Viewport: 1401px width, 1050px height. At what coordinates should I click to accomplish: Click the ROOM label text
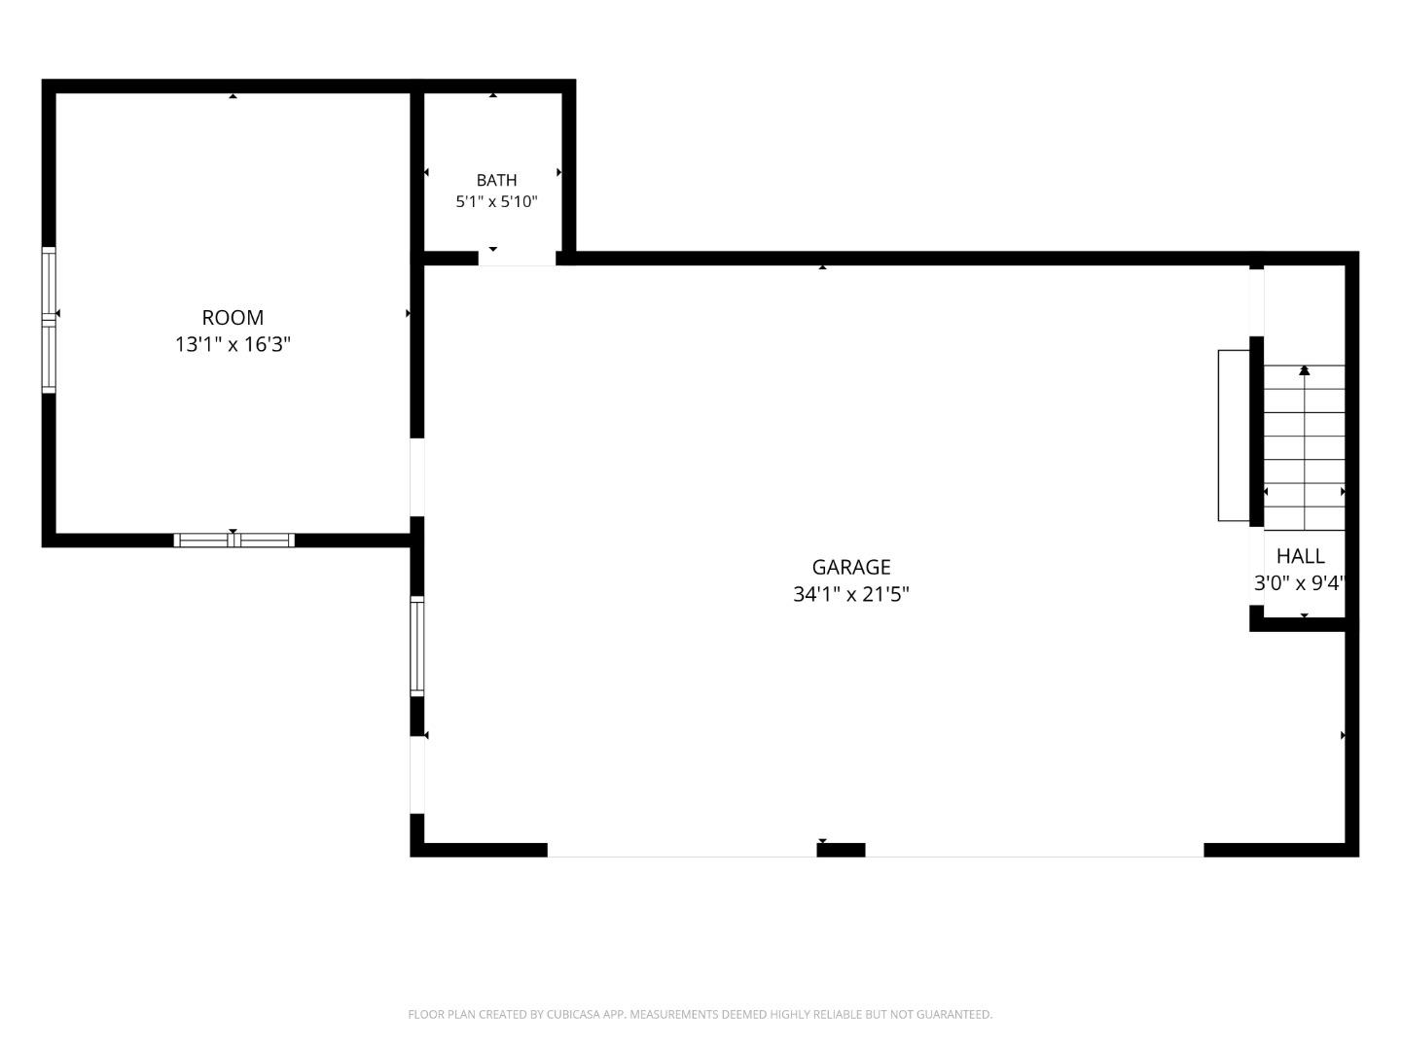pos(233,318)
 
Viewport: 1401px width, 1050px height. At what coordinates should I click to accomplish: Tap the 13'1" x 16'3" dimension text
pos(233,344)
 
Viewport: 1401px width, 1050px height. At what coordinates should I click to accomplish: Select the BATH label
pos(496,181)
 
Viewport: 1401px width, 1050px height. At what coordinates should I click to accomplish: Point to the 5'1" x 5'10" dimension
pos(496,202)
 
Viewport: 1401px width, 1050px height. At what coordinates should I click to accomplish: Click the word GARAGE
pos(850,567)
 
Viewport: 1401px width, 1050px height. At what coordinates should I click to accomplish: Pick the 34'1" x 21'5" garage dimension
pos(850,594)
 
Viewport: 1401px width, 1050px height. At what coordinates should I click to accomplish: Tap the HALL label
pos(1300,556)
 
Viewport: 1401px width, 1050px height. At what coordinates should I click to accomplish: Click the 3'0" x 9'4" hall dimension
pos(1300,582)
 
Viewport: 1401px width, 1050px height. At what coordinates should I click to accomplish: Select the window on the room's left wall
pos(49,320)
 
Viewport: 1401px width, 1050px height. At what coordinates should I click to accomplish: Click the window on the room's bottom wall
pos(234,540)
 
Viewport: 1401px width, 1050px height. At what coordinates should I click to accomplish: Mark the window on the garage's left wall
pos(416,647)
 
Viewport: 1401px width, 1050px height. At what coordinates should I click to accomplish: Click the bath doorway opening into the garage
pos(517,259)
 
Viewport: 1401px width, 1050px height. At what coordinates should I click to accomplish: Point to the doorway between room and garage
pos(416,476)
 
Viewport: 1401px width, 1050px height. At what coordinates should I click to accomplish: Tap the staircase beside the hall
pos(1304,447)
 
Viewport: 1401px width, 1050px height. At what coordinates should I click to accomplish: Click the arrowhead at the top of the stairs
pos(1304,369)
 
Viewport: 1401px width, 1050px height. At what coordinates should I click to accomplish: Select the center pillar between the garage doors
pos(841,849)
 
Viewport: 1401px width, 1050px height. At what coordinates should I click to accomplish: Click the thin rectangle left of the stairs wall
pos(1233,436)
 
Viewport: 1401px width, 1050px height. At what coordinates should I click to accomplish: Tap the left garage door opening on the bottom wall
pos(682,850)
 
